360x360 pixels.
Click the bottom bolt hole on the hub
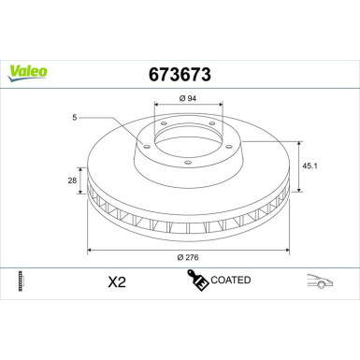tap(189, 164)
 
